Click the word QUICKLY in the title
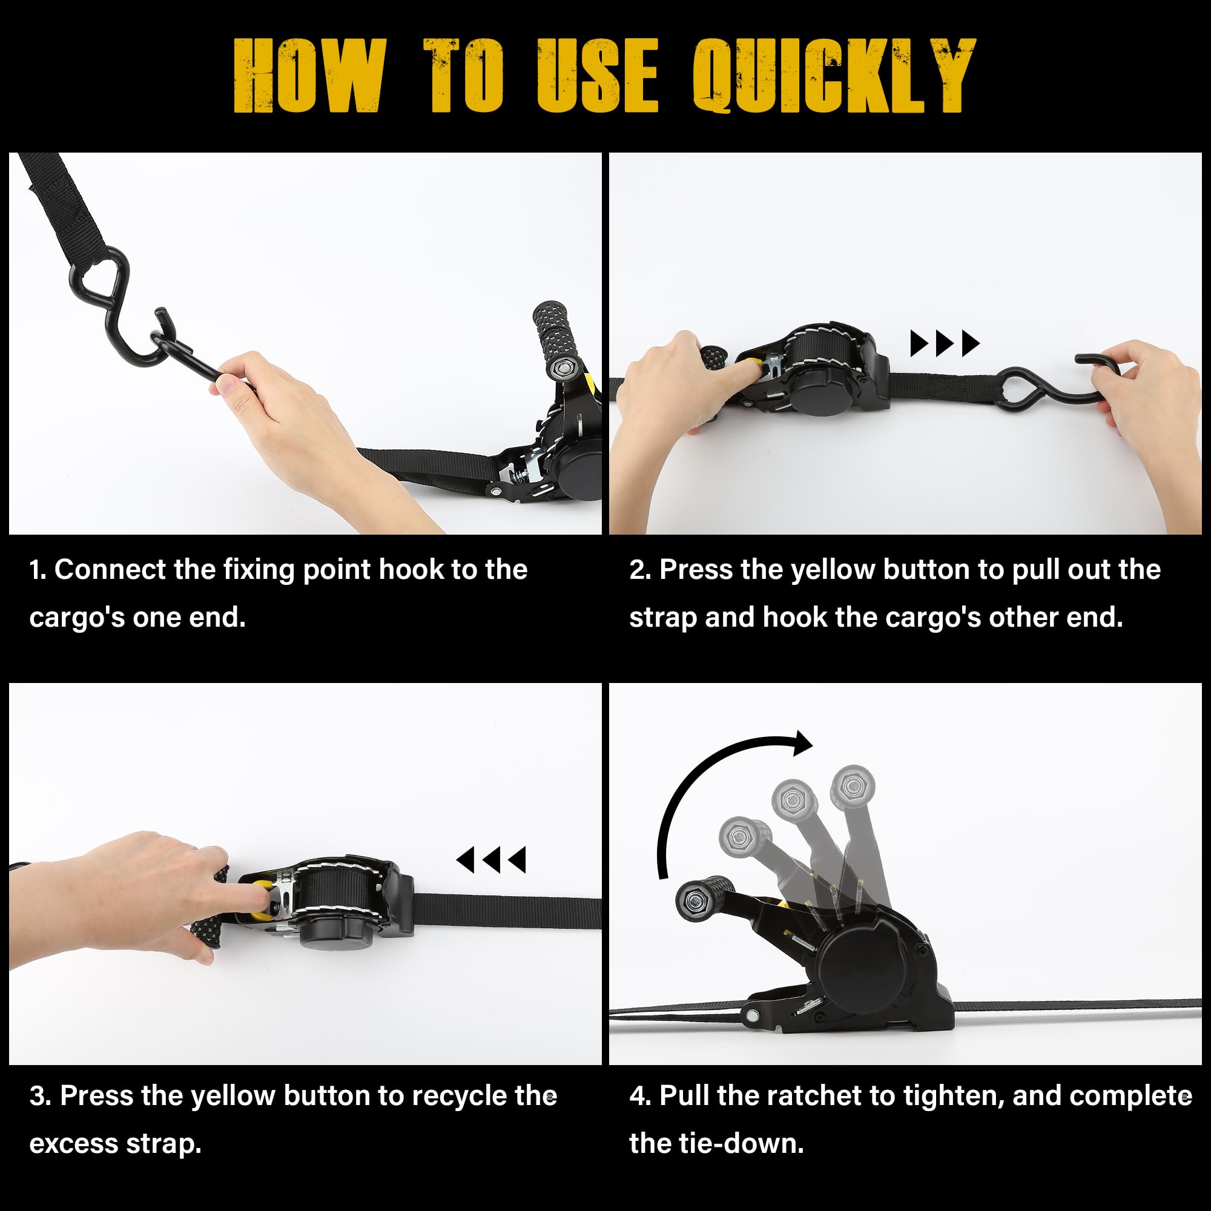[x=834, y=75]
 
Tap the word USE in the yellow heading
[x=598, y=75]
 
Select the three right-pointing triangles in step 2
[x=945, y=343]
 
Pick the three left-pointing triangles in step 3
[x=491, y=860]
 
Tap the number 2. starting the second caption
[x=641, y=570]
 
